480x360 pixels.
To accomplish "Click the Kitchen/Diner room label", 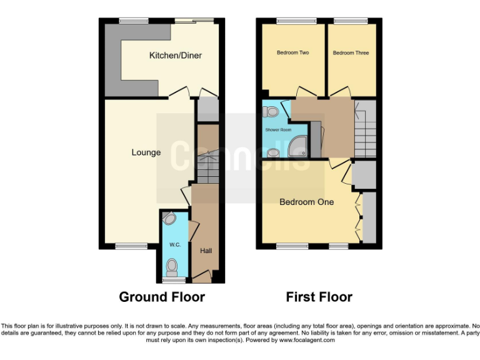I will (x=175, y=56).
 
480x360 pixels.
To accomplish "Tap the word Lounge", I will (x=146, y=152).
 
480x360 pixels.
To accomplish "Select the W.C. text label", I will (x=174, y=244).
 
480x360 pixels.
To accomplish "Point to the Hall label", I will (x=206, y=251).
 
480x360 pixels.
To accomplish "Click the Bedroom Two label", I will (x=292, y=53).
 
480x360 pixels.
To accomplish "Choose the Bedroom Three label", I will (x=351, y=53).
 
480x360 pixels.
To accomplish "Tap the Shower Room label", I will (x=278, y=130).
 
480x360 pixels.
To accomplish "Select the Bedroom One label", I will (x=306, y=202).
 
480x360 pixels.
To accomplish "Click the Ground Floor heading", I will (x=162, y=297).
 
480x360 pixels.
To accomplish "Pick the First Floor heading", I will (x=319, y=297).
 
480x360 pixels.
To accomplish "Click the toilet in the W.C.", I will (x=172, y=267).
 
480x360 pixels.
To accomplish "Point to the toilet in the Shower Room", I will (x=271, y=112).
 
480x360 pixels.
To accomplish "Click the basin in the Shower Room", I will (x=272, y=152).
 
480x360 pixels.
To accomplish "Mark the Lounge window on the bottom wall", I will (x=131, y=246).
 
